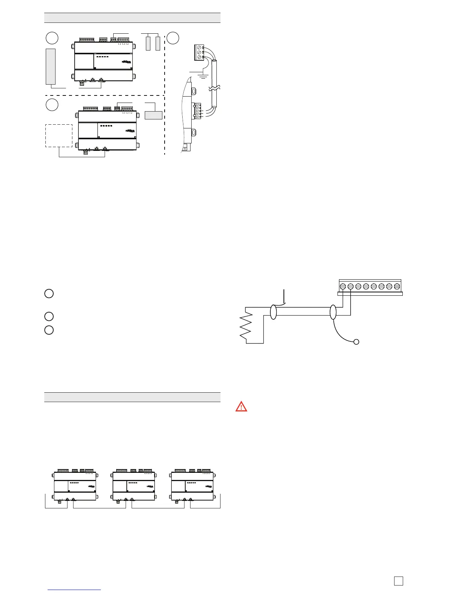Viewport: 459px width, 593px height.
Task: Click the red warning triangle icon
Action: coord(241,406)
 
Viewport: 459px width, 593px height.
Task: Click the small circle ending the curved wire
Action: coord(357,341)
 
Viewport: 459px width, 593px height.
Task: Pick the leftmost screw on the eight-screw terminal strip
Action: coord(343,286)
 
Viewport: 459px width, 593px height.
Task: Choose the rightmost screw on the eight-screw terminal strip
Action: coord(397,286)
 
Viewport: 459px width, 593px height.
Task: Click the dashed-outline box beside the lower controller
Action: coord(59,136)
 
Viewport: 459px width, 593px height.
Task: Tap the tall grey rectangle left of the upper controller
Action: coord(51,66)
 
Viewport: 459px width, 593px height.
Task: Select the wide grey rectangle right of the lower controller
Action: coord(154,115)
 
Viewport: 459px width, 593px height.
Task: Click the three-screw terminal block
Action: coord(199,52)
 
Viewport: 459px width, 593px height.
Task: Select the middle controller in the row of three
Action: coord(134,486)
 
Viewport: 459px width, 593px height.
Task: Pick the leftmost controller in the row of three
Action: coord(75,486)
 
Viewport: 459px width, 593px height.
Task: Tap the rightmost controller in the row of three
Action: coord(192,486)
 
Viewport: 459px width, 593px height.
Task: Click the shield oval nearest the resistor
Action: coord(273,312)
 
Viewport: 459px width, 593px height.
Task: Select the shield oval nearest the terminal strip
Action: coord(333,312)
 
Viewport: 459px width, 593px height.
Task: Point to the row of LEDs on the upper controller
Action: coord(102,57)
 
